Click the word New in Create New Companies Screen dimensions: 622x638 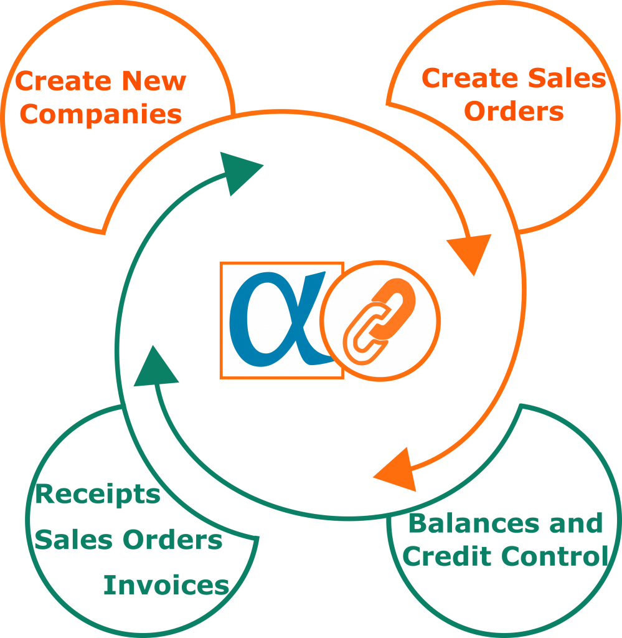(154, 80)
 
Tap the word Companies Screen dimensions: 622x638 (101, 115)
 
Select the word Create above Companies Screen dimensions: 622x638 (63, 80)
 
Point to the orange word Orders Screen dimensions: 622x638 (514, 111)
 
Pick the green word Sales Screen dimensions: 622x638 (73, 540)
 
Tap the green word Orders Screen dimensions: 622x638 (172, 540)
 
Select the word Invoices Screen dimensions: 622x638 (166, 585)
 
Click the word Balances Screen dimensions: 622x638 (474, 523)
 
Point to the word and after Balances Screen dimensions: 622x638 (576, 523)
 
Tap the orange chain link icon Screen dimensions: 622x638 (379, 321)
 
